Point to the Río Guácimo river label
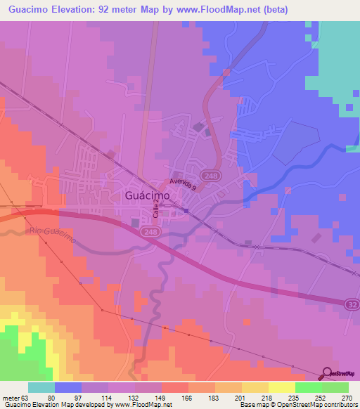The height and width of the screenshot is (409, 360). (x=52, y=236)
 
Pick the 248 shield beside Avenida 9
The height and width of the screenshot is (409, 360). (x=208, y=174)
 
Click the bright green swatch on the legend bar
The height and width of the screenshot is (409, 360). (x=309, y=387)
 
